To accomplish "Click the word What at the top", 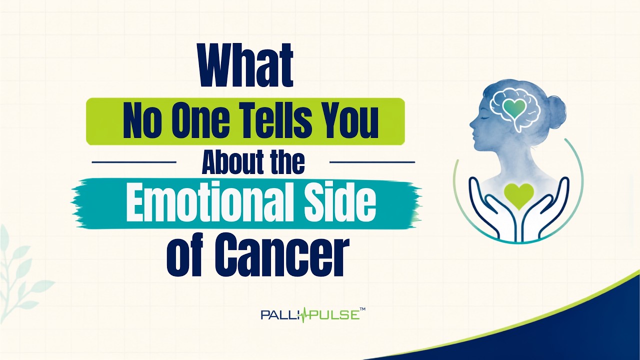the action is click(246, 65).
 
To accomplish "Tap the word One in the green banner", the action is click(205, 121).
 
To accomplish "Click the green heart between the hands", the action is click(518, 195).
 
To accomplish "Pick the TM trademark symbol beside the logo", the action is click(362, 309).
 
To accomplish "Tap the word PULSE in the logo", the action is click(336, 315).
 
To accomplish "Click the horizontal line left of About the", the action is click(134, 162).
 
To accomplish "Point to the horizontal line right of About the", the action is click(372, 162).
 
